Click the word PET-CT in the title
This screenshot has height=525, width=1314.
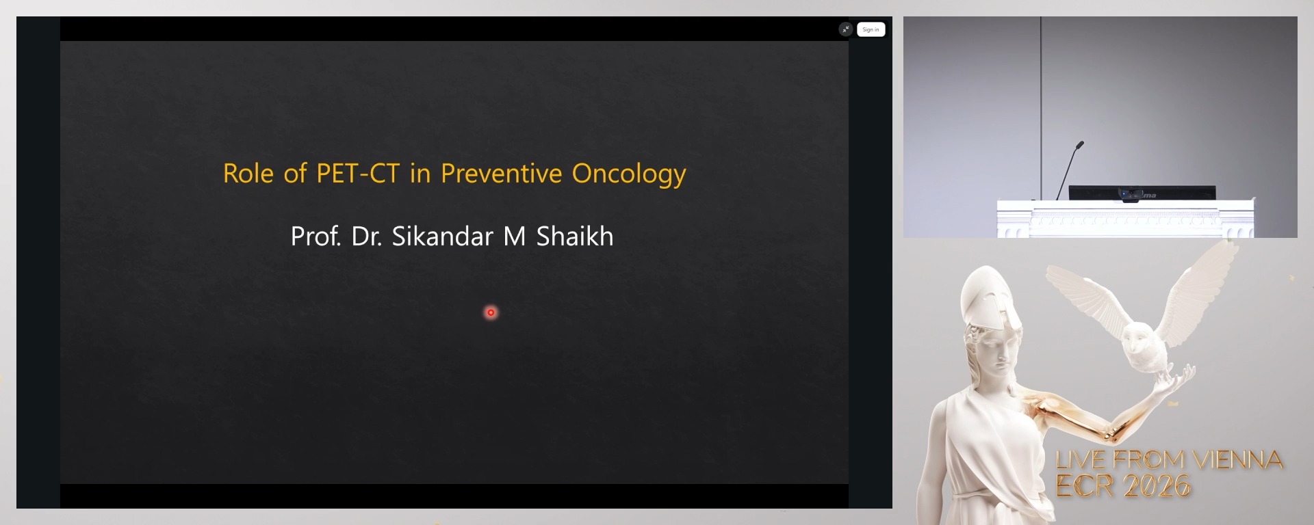(357, 174)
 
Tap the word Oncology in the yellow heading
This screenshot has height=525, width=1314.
(628, 174)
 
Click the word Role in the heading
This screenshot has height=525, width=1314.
(248, 174)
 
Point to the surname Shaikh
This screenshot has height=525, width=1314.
(574, 237)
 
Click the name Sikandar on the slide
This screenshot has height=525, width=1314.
(442, 237)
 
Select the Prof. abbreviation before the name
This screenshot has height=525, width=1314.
(315, 237)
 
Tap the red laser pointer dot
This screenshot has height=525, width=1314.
(491, 312)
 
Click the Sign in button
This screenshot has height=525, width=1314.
(871, 29)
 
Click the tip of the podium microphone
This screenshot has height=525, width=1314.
(1080, 144)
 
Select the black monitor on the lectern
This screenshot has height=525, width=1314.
(1142, 193)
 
